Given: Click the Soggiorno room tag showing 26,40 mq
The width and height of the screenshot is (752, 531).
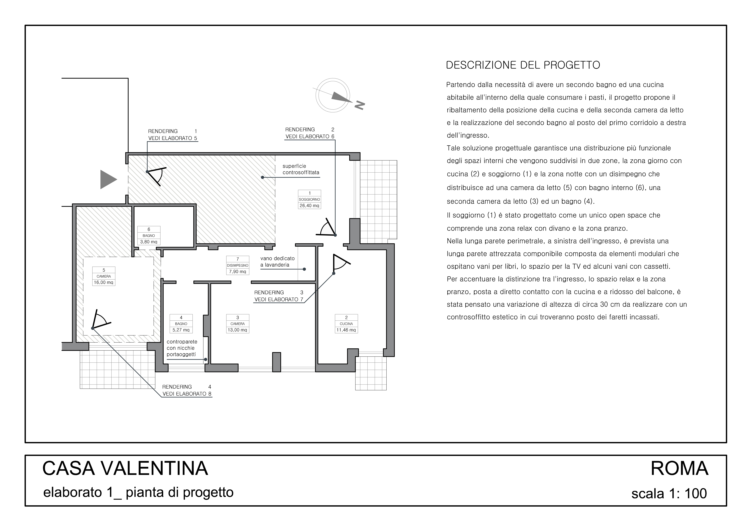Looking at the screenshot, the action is pos(309,199).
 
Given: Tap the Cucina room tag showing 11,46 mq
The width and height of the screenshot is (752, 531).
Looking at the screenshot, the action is pos(346,324).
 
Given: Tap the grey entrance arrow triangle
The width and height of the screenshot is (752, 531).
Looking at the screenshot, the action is pos(108,179).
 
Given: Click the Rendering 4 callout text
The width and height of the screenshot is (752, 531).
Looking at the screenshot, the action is pos(187,390).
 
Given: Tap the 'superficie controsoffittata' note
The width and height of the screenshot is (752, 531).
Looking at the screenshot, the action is pos(301,169).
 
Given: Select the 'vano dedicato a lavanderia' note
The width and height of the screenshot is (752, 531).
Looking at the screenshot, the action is pos(277,262).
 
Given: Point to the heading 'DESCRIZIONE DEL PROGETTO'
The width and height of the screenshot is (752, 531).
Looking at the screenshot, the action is pos(523,65).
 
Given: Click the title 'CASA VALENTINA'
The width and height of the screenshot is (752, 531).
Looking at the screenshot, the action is pos(125,468).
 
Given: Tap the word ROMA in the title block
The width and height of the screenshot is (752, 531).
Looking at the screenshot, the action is pos(679,468).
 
